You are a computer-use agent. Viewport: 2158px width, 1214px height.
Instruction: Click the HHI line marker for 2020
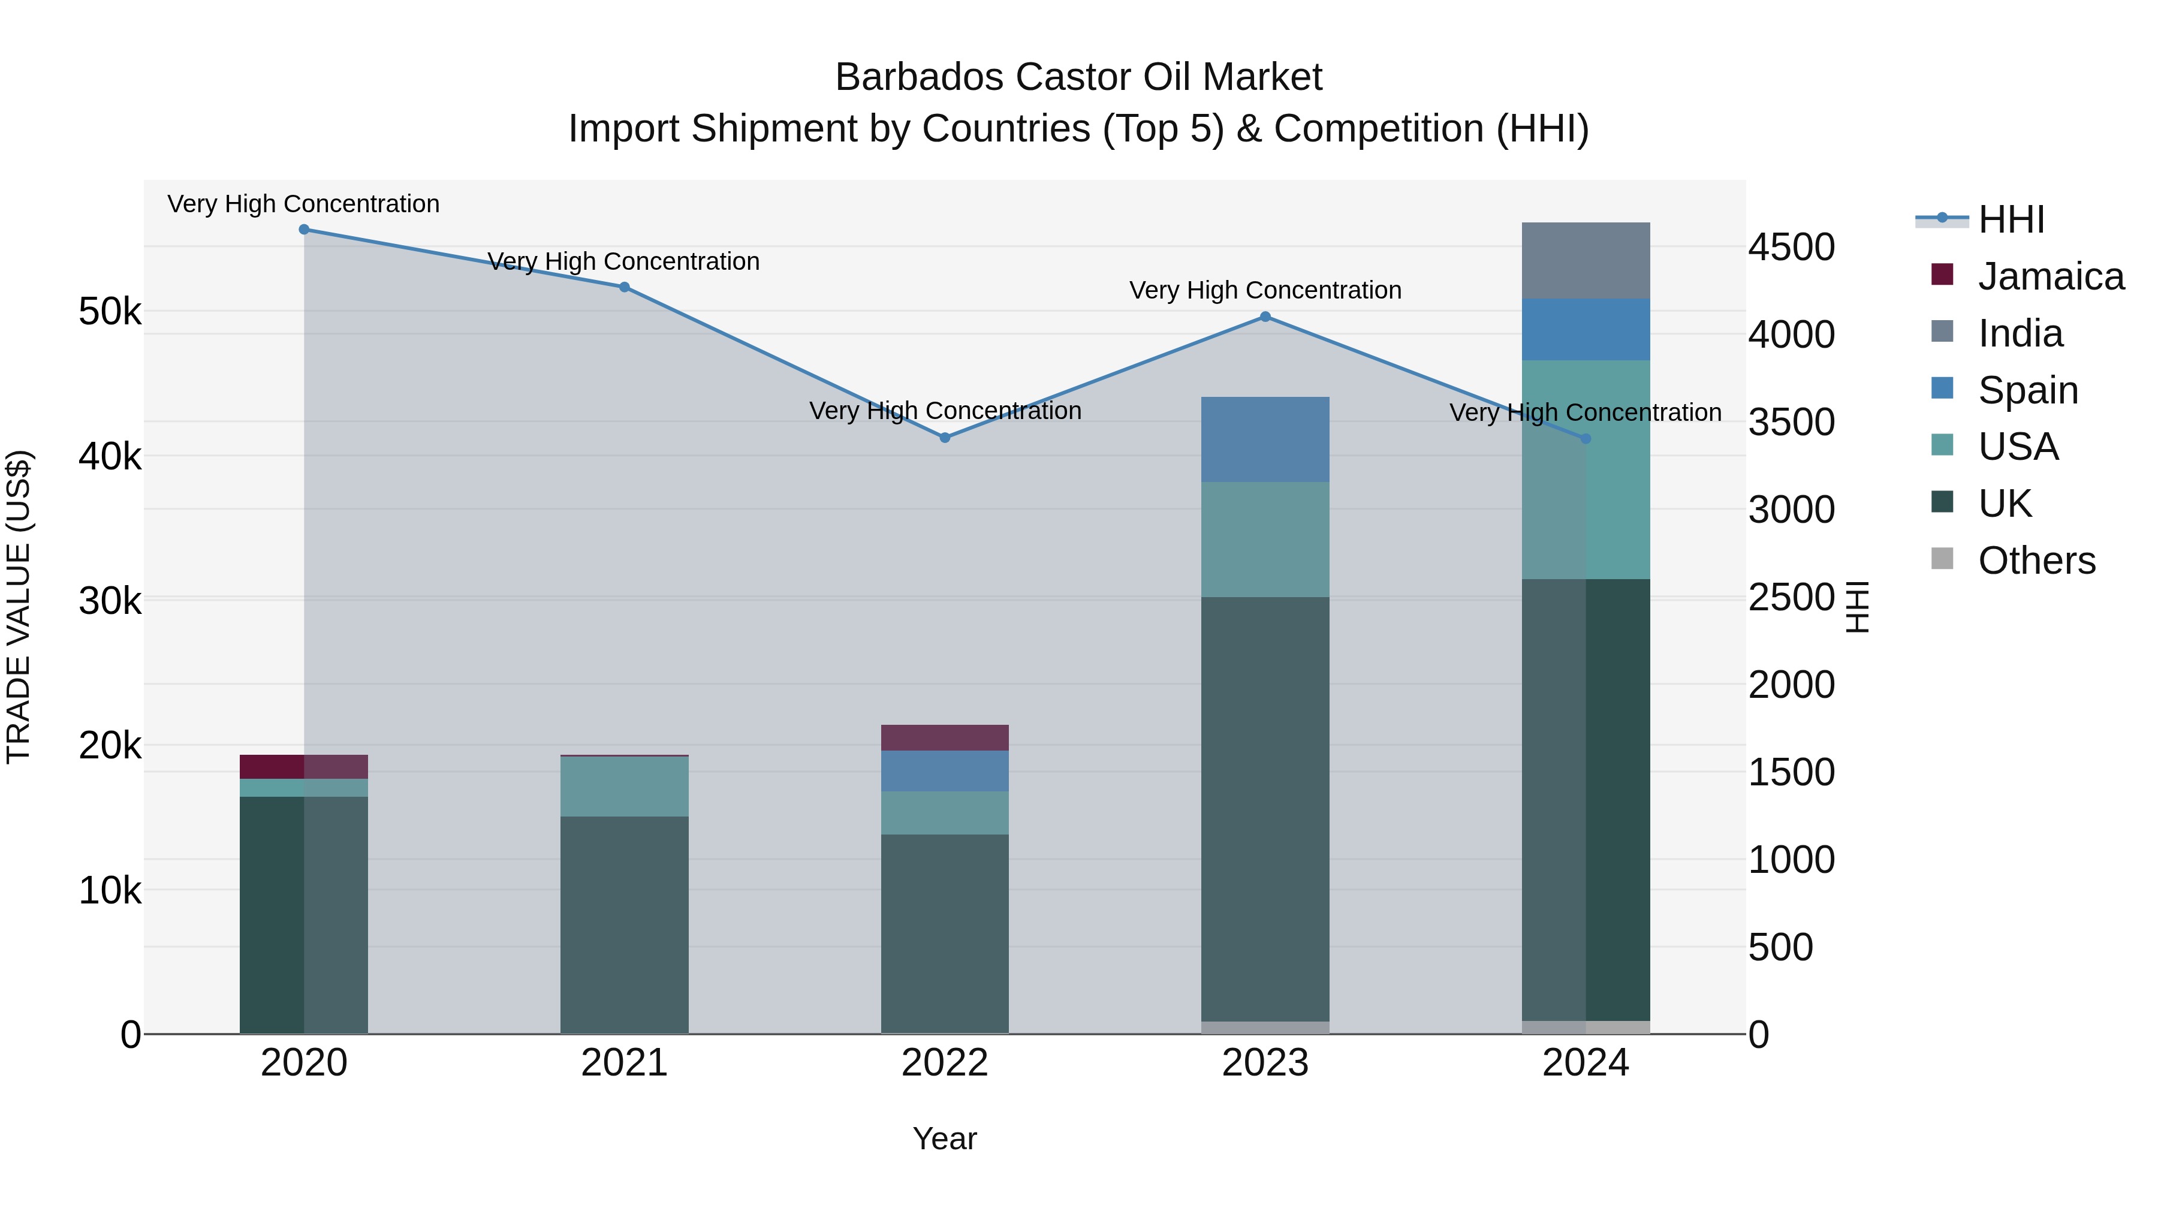pos(304,230)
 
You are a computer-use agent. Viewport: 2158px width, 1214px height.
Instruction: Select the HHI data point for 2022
pos(945,438)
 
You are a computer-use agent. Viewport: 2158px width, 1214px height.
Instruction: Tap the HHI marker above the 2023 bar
pos(1265,317)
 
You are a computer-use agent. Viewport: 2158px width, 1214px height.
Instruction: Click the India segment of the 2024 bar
pos(1585,261)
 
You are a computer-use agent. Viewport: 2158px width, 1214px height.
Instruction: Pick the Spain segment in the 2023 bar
pos(1265,439)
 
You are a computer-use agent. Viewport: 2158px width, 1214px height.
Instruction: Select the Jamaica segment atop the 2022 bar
pos(945,737)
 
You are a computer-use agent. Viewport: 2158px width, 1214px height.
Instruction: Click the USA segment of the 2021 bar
pos(624,786)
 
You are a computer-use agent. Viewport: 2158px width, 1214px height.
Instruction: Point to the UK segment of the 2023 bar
pos(1265,809)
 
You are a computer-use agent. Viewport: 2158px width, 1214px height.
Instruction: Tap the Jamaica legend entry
pos(2050,276)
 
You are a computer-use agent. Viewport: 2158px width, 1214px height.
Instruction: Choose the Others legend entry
pos(2036,561)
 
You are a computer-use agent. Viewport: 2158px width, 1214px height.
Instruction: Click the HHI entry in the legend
pos(2011,219)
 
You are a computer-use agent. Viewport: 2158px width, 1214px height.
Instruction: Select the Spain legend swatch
pos(1942,388)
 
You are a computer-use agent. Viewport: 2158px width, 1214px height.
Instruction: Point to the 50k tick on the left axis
pos(110,312)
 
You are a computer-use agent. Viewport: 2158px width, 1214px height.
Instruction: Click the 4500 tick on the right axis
pos(1791,247)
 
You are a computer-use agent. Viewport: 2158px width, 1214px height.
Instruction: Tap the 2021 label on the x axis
pos(624,1063)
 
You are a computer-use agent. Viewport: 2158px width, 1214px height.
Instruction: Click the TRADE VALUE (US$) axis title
pos(19,607)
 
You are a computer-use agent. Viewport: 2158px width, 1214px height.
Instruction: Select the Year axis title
pos(944,1138)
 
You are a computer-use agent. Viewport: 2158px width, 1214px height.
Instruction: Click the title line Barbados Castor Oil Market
pos(1078,77)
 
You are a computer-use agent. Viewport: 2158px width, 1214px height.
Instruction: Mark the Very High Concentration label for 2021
pos(623,261)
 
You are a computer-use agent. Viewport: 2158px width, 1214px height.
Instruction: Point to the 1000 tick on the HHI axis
pos(1791,860)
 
